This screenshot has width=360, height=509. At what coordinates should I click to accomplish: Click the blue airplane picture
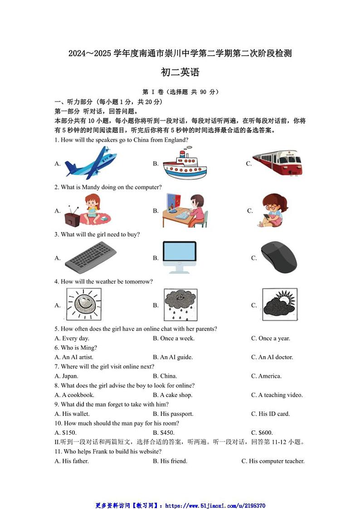[x=90, y=163]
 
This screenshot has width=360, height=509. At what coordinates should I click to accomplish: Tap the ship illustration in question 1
[x=184, y=164]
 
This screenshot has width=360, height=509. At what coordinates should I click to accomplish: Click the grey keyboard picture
[x=90, y=257]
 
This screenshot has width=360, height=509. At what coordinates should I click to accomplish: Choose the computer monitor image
[x=180, y=257]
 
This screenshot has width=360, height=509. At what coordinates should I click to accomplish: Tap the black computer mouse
[x=279, y=257]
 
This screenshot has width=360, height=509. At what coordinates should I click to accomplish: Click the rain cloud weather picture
[x=180, y=304]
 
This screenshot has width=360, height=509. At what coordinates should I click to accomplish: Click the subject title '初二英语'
[x=180, y=72]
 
